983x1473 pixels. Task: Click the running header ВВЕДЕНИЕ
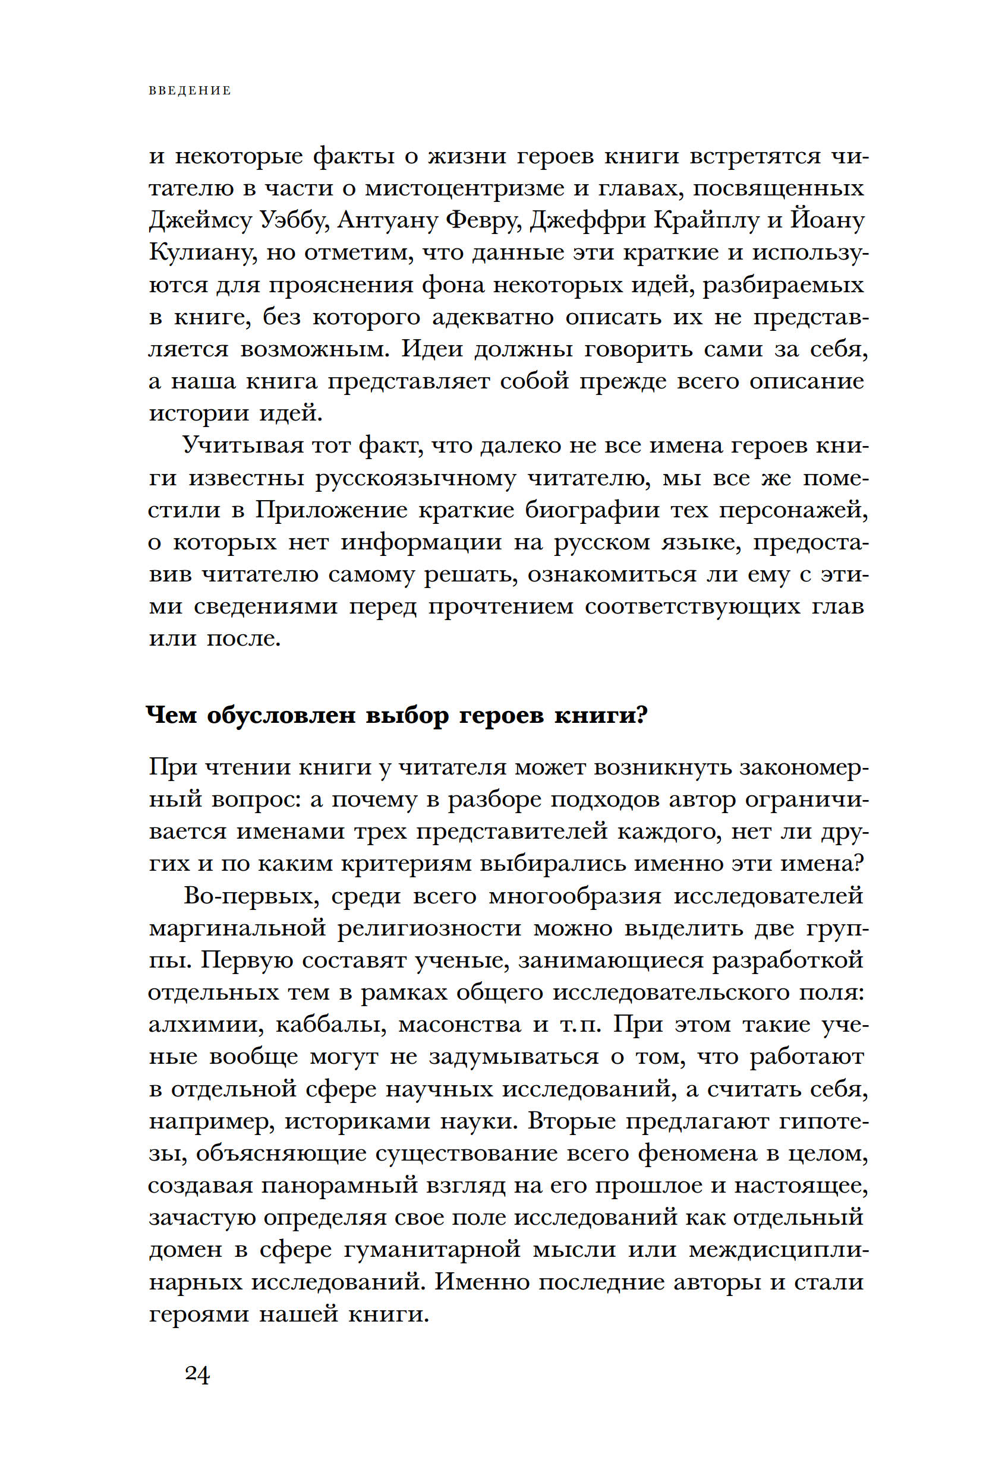tap(190, 91)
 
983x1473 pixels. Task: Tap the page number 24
tap(197, 1374)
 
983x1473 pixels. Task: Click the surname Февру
tap(484, 220)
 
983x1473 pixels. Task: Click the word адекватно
tap(493, 317)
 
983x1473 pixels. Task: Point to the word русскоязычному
tap(415, 478)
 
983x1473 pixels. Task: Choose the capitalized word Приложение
tap(331, 510)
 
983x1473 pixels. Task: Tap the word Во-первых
tap(251, 895)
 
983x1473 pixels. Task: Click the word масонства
tap(459, 1025)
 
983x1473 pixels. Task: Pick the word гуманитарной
tap(433, 1250)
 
